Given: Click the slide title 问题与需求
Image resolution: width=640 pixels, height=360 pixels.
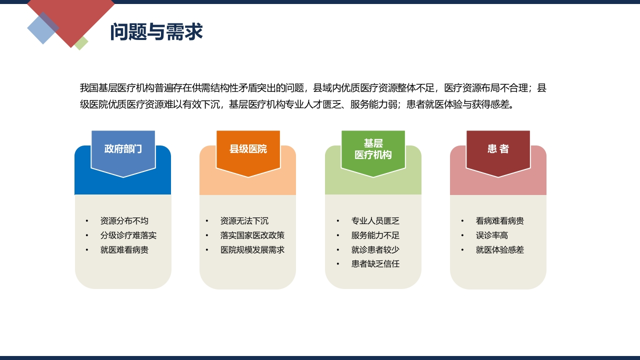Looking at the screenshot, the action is (x=156, y=31).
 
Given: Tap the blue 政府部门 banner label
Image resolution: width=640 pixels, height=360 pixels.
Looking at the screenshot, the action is (x=123, y=149).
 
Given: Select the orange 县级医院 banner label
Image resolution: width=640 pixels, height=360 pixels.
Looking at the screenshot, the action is (x=248, y=149).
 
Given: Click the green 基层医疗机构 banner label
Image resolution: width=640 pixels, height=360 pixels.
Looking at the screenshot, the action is (x=373, y=149).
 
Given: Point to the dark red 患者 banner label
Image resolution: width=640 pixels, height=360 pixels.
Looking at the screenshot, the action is (x=498, y=149).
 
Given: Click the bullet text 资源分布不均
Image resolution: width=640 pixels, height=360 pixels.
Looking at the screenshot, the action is (x=124, y=221).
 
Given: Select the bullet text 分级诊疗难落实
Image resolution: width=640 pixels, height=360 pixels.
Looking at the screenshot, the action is (x=128, y=235).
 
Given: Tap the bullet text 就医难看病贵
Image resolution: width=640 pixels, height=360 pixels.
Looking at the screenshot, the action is (x=124, y=250).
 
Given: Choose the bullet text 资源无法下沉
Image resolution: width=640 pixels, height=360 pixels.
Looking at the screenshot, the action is (x=244, y=221).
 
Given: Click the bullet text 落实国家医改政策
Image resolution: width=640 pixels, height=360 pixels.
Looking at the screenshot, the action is (x=252, y=235).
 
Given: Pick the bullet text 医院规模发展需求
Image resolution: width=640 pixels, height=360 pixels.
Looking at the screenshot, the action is (x=252, y=250).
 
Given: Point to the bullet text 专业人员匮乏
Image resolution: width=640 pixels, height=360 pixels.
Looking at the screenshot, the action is (x=375, y=221).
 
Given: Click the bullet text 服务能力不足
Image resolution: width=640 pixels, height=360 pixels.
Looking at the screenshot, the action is (x=375, y=235).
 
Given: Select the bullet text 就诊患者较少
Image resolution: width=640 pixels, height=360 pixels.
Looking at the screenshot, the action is (x=375, y=250).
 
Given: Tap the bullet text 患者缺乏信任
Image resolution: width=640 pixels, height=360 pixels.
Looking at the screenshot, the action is (x=375, y=263).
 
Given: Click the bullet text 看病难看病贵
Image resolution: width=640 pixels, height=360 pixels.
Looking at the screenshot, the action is (x=499, y=221).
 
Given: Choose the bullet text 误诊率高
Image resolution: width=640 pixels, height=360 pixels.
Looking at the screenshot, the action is (x=491, y=235).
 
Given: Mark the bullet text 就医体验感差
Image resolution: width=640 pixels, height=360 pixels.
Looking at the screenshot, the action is (x=499, y=250).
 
